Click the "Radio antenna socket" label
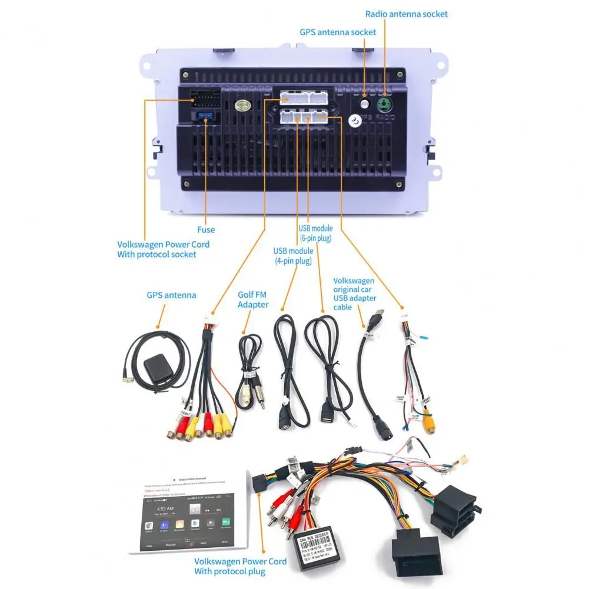tap(406, 14)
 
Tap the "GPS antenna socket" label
tap(338, 32)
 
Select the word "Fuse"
tap(206, 229)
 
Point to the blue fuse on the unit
tap(204, 114)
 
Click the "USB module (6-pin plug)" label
tap(315, 233)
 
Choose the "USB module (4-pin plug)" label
tap(293, 256)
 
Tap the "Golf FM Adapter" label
tap(253, 300)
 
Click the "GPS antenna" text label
tap(171, 295)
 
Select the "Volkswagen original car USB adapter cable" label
tap(354, 294)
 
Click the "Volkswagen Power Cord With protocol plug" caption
tap(241, 565)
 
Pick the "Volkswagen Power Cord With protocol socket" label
tap(163, 249)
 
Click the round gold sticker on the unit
tap(242, 106)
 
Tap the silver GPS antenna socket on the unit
tap(365, 104)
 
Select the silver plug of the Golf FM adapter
tap(260, 400)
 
